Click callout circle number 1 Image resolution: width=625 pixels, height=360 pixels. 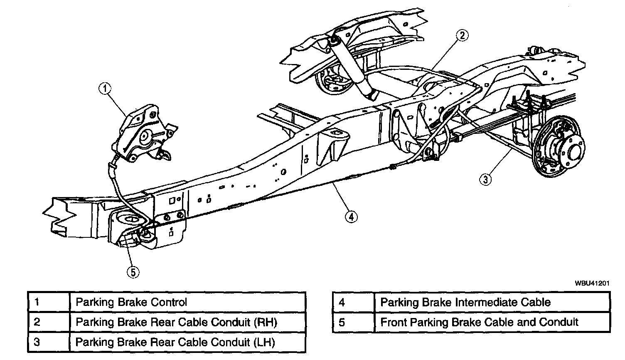tap(106, 88)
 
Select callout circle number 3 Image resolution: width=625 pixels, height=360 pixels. tap(486, 180)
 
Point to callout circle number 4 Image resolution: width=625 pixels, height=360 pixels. tap(351, 216)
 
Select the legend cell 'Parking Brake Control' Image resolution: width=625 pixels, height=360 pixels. tap(131, 302)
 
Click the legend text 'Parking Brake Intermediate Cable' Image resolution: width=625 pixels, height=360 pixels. tap(465, 302)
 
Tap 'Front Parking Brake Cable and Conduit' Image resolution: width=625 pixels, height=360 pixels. tap(479, 322)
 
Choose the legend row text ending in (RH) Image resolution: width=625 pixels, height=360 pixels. tap(176, 322)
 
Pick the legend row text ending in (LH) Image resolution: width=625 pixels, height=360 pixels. tap(175, 342)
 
